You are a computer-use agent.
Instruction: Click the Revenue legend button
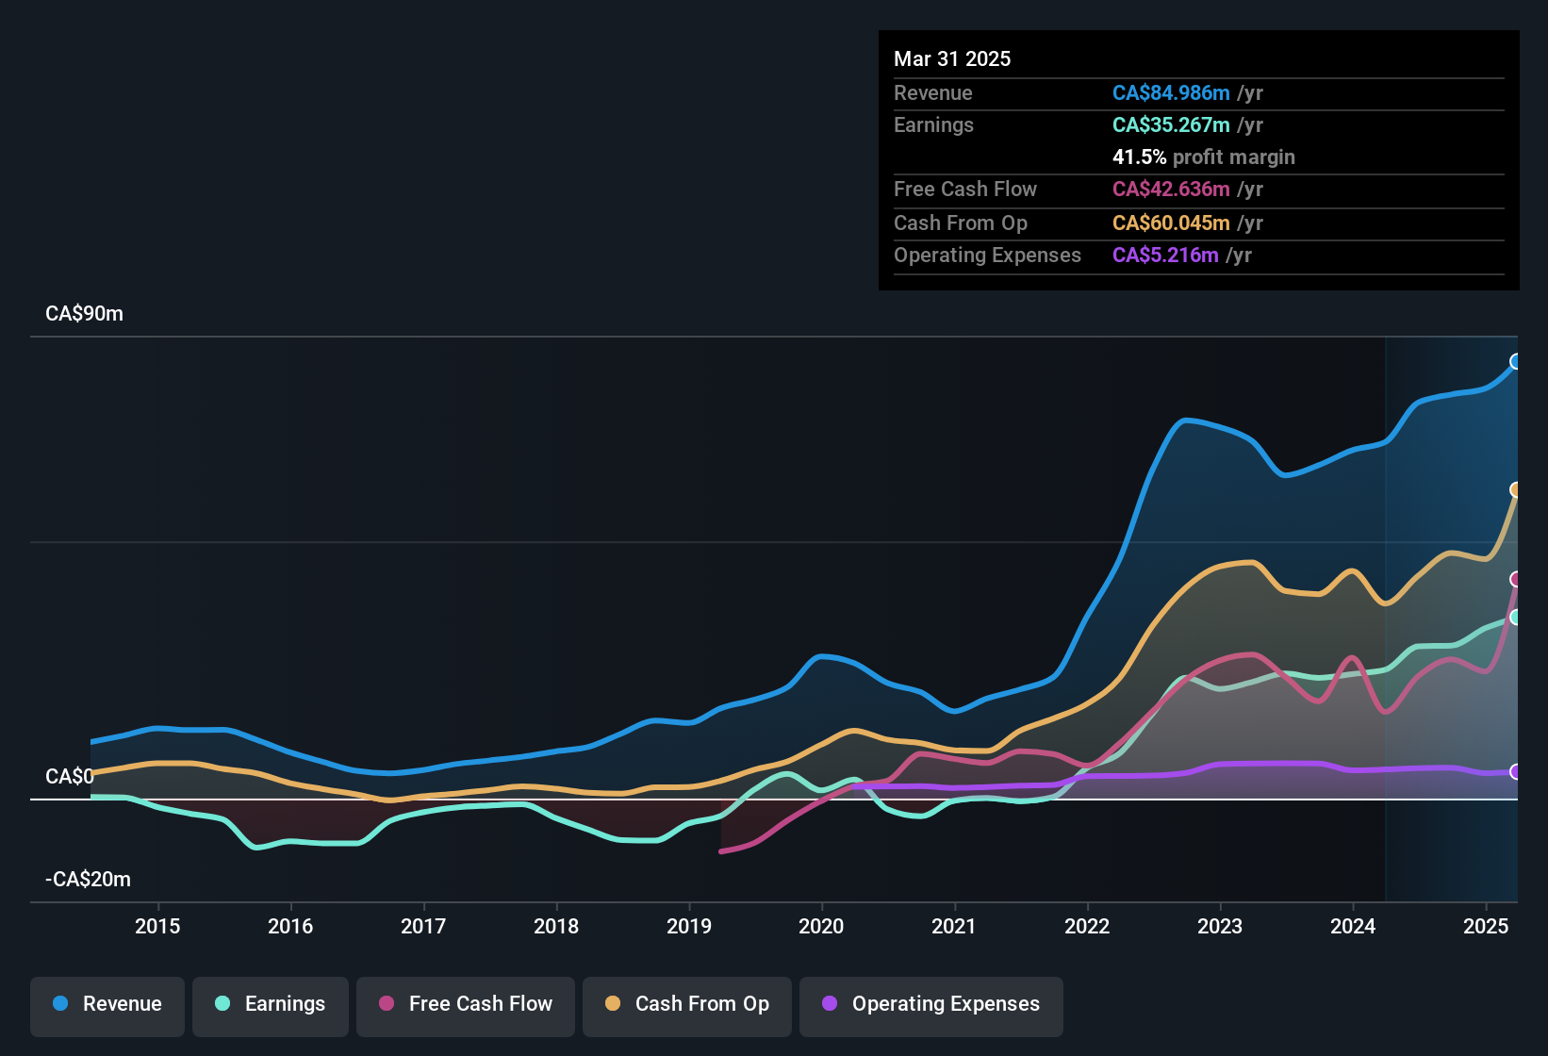point(107,1004)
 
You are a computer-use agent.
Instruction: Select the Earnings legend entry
point(271,1004)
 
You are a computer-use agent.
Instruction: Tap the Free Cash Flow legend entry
point(466,1004)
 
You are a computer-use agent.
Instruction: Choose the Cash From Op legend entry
point(687,1004)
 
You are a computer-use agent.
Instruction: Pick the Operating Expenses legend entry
point(931,1004)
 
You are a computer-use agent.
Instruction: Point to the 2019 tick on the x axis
point(689,926)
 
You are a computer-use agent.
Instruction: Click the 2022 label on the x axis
point(1087,926)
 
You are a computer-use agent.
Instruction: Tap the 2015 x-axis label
point(157,926)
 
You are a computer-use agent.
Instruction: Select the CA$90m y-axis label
point(84,314)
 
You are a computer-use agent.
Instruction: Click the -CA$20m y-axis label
point(88,880)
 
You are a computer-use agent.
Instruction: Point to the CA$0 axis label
point(70,777)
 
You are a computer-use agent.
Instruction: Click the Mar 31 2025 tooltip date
point(952,58)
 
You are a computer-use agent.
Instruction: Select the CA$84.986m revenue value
point(1171,93)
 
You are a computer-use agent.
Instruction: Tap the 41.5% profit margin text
point(1203,157)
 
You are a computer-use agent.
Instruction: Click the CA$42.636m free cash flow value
point(1171,190)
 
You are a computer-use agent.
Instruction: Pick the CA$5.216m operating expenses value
point(1165,256)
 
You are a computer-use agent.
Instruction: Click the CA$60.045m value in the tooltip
point(1171,223)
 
